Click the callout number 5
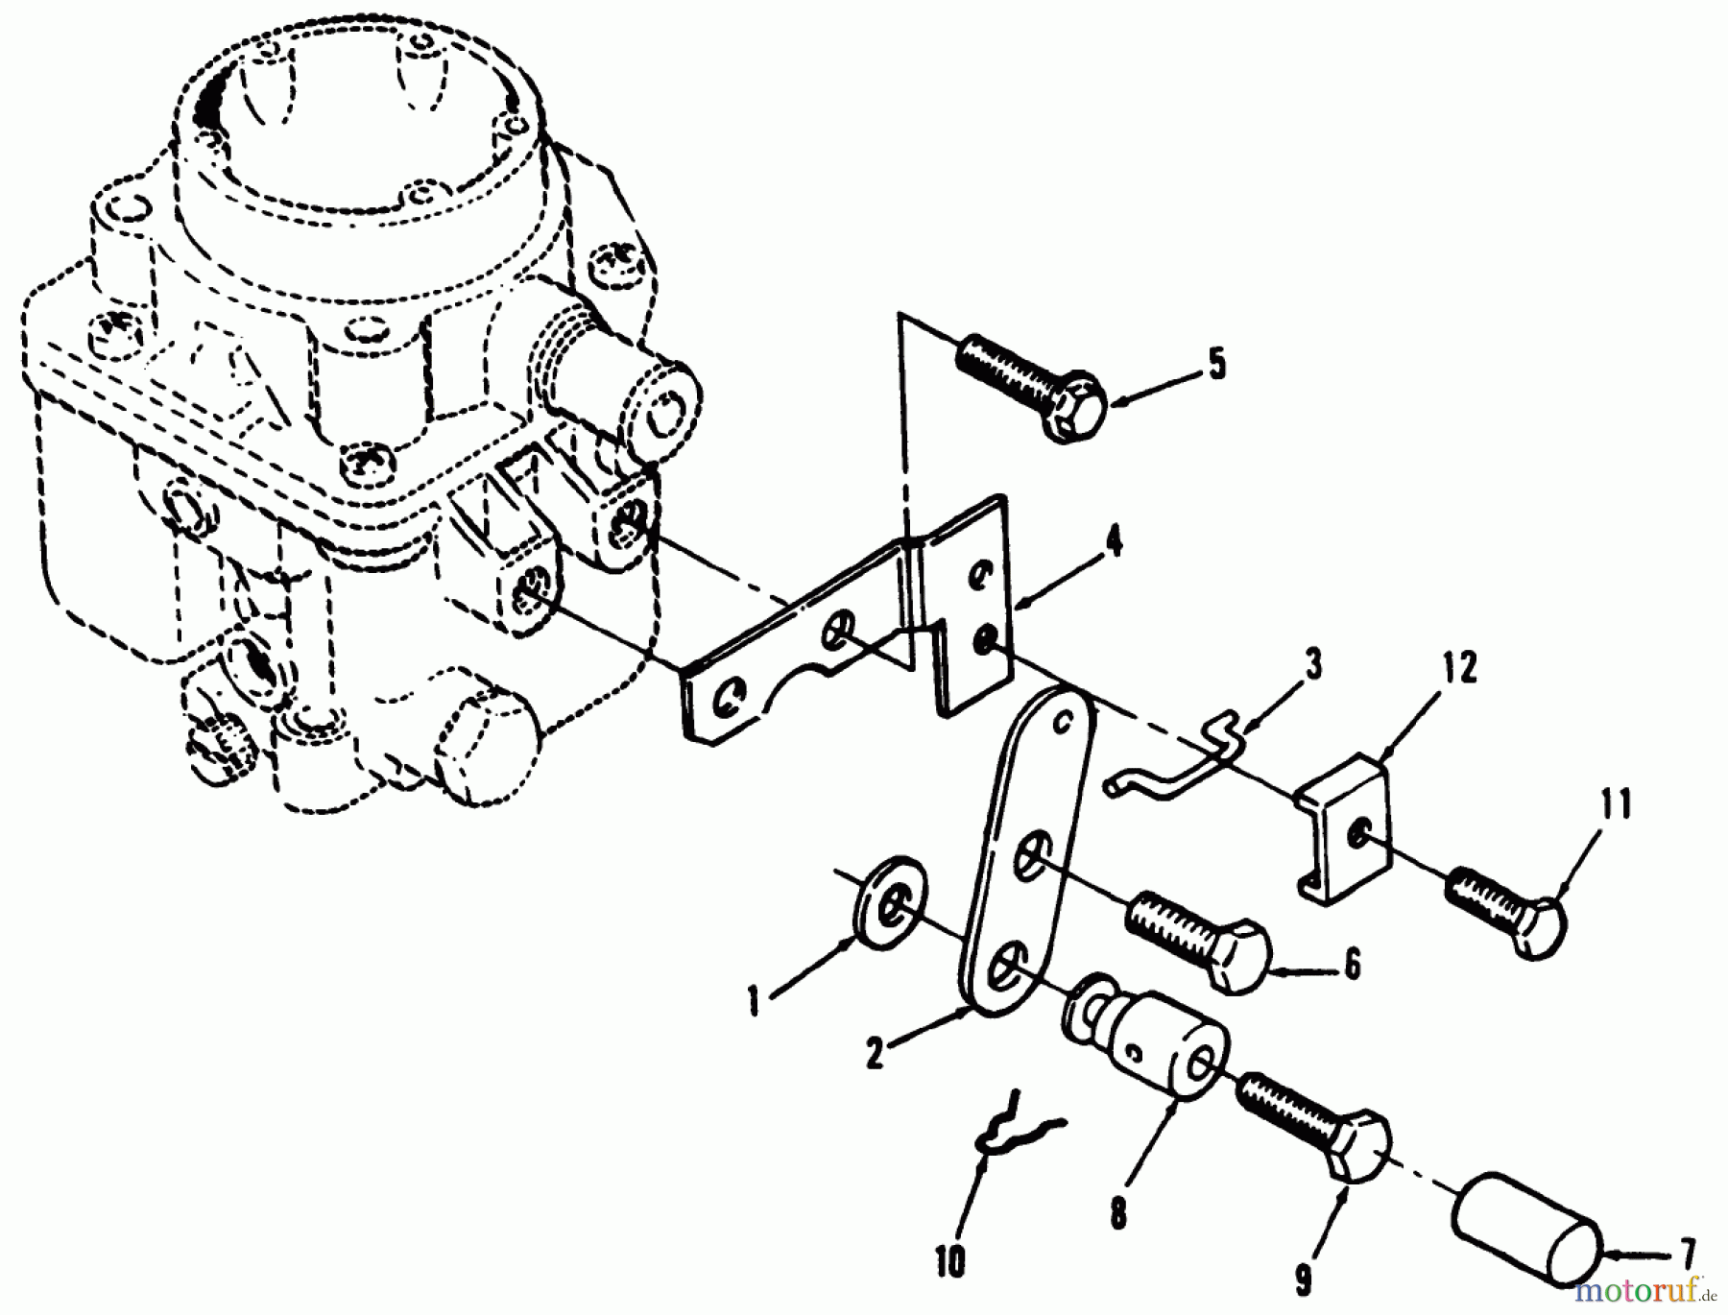tap(1215, 365)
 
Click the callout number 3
tap(1312, 663)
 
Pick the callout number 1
tap(755, 1003)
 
